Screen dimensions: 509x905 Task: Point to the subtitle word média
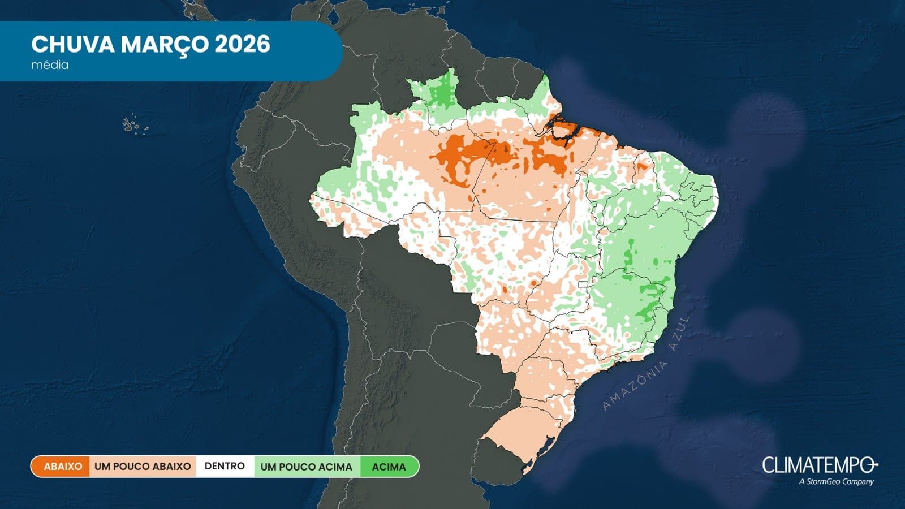pyautogui.click(x=50, y=65)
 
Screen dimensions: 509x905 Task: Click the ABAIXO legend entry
pyautogui.click(x=63, y=467)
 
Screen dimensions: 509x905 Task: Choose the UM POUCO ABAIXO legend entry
pyautogui.click(x=143, y=467)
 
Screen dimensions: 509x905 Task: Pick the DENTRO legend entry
pyautogui.click(x=225, y=467)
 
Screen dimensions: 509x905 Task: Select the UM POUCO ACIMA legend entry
pyautogui.click(x=306, y=467)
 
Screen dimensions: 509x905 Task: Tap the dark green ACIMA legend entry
pyautogui.click(x=389, y=467)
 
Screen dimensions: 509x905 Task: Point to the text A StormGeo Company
pyautogui.click(x=836, y=482)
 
